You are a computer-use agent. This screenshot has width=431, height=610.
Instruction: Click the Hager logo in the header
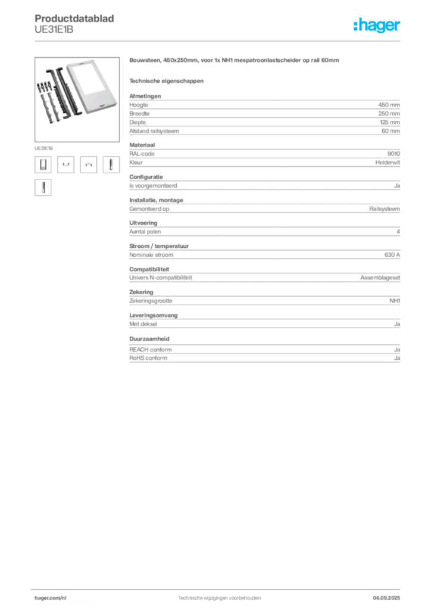point(377,25)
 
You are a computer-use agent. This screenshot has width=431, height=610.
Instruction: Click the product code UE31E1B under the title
point(54,30)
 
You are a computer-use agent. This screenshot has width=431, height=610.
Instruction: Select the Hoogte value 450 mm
point(389,105)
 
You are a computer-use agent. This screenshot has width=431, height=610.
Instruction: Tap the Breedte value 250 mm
point(389,114)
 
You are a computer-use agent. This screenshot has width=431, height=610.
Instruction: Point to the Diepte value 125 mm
point(390,122)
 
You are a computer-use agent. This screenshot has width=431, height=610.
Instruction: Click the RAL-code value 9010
point(393,154)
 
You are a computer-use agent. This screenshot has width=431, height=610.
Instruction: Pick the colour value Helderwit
point(388,163)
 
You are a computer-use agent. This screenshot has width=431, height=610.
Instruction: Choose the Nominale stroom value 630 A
point(392,255)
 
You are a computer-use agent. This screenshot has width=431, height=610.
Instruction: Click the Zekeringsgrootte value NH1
point(395,301)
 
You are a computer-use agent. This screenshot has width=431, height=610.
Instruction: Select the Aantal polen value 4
point(398,232)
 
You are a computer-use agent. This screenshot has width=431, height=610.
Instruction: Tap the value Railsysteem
point(385,209)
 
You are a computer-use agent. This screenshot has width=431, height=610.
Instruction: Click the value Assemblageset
point(380,278)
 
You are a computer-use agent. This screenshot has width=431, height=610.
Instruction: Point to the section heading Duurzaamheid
point(149,339)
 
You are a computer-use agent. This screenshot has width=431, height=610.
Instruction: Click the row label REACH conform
point(151,350)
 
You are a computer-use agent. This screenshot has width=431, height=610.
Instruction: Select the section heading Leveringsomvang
point(154,316)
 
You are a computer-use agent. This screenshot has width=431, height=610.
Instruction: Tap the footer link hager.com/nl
point(51,598)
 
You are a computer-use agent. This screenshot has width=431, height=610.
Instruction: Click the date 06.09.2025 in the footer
point(386,598)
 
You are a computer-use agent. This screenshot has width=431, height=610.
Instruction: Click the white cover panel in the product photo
point(92,86)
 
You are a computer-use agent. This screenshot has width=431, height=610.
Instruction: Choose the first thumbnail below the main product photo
point(43,164)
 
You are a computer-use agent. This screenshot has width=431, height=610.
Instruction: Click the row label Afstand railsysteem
point(154,131)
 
